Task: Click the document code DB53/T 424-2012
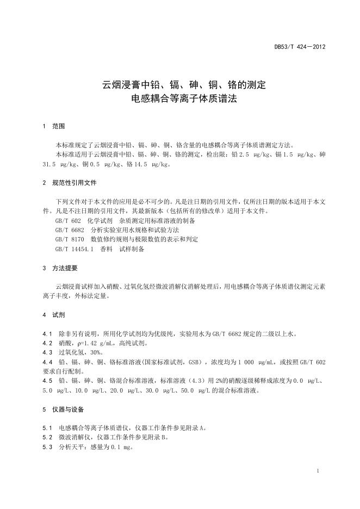click(299, 47)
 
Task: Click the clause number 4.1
click(47, 333)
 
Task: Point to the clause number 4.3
click(47, 352)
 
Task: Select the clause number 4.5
click(47, 381)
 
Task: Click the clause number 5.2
click(47, 437)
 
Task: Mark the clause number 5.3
click(47, 446)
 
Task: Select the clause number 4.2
click(47, 343)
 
